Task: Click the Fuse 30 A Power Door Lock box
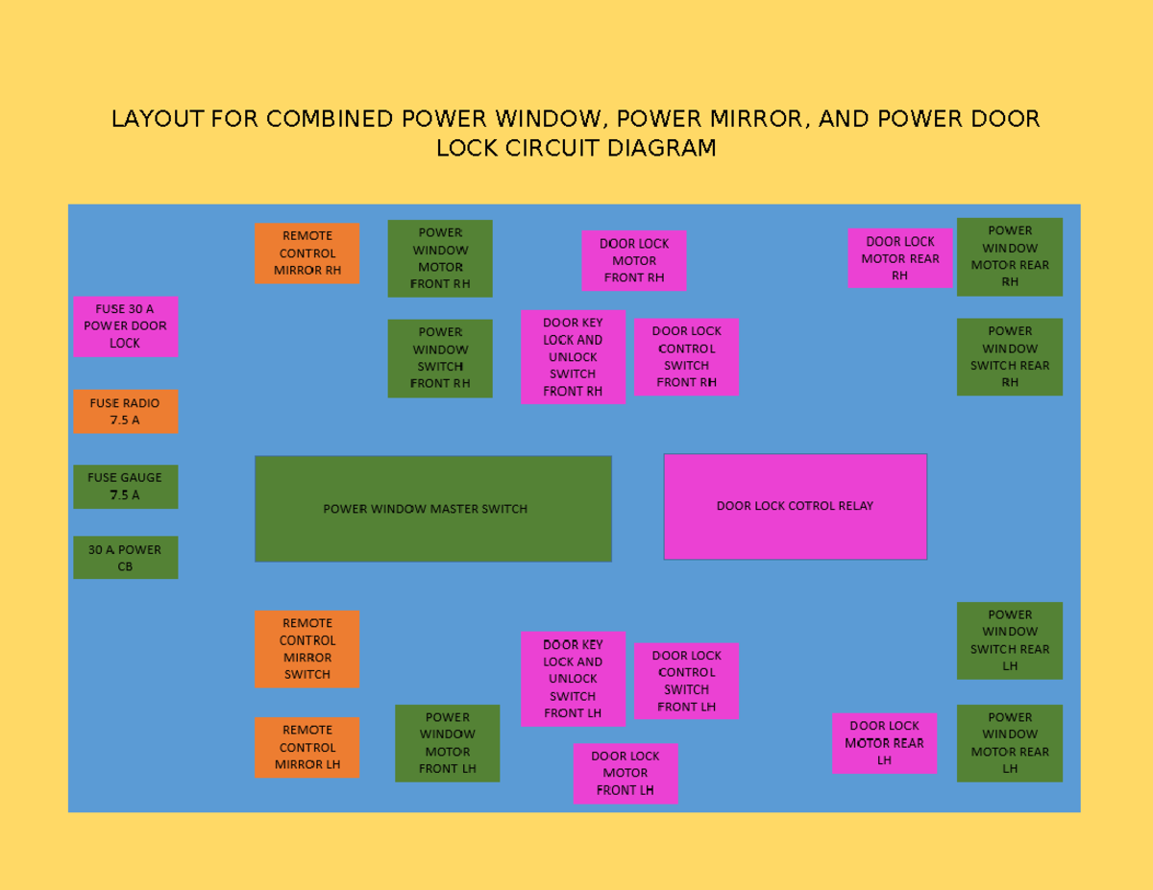click(125, 326)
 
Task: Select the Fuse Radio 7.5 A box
click(125, 411)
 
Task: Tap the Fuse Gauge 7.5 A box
click(125, 487)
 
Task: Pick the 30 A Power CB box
click(125, 558)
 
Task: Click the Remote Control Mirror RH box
click(307, 253)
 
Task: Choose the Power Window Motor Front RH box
click(440, 258)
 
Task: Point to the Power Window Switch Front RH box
click(440, 358)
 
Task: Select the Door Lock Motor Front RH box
click(634, 260)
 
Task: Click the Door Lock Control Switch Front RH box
click(686, 356)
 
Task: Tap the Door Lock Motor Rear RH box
click(899, 258)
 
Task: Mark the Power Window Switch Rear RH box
click(1009, 356)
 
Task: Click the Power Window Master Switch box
click(432, 509)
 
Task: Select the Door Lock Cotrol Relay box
click(795, 506)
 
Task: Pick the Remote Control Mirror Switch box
click(307, 649)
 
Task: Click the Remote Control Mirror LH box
click(307, 747)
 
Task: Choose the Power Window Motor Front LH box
click(447, 743)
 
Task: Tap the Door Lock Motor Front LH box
click(625, 773)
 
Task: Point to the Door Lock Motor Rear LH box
click(884, 743)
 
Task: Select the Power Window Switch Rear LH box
click(1009, 640)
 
